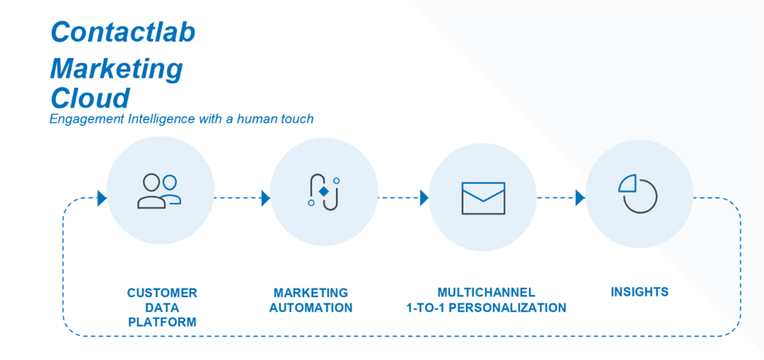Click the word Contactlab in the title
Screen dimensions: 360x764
coord(123,31)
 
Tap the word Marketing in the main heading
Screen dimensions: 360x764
coord(116,69)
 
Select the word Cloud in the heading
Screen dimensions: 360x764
coord(89,97)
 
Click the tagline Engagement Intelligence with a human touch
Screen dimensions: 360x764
coord(182,119)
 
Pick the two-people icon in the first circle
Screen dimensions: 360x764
coord(160,191)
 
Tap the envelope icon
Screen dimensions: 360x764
coord(483,198)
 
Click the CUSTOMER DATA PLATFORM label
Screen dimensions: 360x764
coord(162,307)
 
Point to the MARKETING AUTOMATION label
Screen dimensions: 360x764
coord(310,300)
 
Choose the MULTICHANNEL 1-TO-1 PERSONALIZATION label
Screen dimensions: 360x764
coord(486,300)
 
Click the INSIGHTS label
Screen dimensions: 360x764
coord(639,292)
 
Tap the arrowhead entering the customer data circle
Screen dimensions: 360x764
coord(102,199)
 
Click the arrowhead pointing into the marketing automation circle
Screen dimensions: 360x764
coord(266,199)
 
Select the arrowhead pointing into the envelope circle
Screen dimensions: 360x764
coord(424,198)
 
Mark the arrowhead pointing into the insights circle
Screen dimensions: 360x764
coord(581,198)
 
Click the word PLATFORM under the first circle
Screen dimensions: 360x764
coord(162,323)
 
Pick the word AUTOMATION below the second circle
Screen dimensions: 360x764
coord(310,308)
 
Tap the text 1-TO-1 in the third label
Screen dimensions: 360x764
coord(429,308)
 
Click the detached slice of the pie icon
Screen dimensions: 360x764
coord(627,184)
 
